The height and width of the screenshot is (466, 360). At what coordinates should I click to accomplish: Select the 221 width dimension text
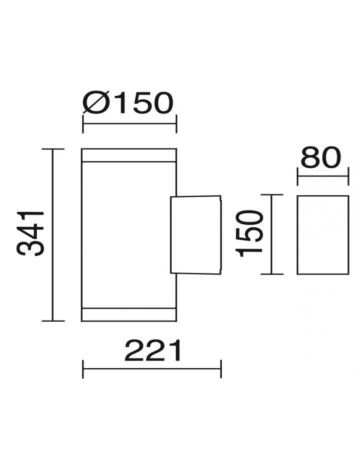[153, 350]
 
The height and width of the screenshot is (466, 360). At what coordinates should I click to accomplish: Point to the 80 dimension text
[321, 158]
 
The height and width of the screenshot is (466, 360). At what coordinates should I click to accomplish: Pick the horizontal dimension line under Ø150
[130, 124]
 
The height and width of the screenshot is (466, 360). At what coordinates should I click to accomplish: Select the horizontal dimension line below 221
[152, 369]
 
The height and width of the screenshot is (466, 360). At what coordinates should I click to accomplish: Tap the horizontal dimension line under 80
[323, 176]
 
